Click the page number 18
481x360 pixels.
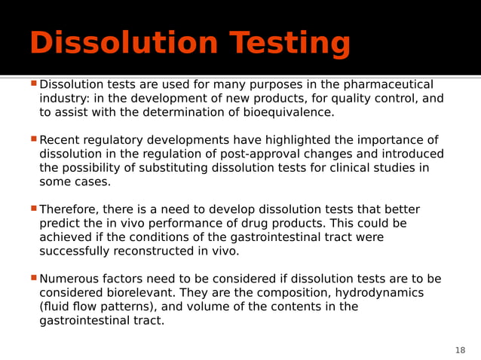(x=460, y=350)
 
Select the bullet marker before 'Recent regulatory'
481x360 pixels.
(x=33, y=139)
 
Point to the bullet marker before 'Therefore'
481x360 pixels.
(x=33, y=209)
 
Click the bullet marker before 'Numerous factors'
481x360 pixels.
(x=33, y=278)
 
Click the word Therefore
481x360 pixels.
(x=69, y=209)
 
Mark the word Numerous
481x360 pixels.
(x=71, y=279)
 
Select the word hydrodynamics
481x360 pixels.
(x=375, y=293)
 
